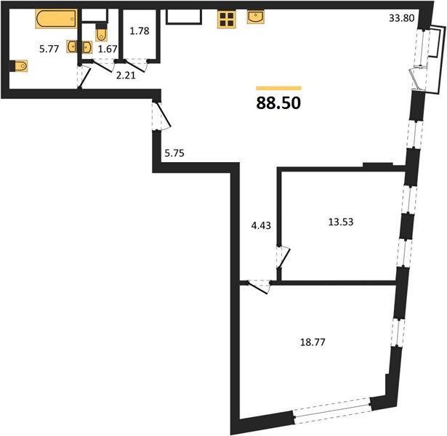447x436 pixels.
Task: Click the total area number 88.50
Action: tap(278, 103)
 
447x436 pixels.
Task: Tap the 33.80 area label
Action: tap(401, 18)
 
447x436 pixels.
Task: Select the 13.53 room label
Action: tap(341, 222)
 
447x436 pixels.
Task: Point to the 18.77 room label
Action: tap(313, 342)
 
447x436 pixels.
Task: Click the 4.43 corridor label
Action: tap(261, 225)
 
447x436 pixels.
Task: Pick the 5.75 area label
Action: tap(174, 153)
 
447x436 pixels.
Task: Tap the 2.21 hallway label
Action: tap(126, 76)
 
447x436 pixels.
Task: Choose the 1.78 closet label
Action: tap(140, 31)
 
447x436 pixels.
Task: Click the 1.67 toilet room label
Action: tap(108, 49)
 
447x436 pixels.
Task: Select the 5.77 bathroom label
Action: tap(49, 49)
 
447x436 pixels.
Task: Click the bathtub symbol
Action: tap(56, 19)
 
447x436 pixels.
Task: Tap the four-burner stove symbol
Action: tap(227, 20)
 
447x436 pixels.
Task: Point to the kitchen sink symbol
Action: tap(256, 17)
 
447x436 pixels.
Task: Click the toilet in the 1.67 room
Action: tap(101, 33)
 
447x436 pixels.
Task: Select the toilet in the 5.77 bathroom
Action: tap(19, 66)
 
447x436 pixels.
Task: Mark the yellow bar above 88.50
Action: tap(278, 88)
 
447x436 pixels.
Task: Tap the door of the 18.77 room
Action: tap(258, 287)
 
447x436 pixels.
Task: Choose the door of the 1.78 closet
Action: tap(136, 65)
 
